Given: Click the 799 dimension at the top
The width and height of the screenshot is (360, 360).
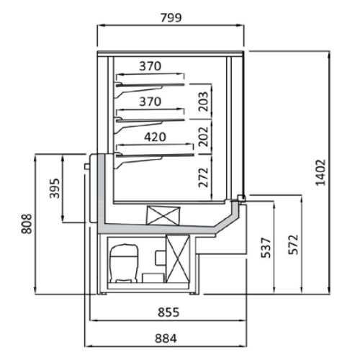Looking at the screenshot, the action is pos(171,18).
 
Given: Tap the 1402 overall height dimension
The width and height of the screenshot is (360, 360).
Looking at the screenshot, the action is pos(320,173).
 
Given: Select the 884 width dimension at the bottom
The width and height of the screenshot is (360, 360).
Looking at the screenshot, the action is pos(166,338).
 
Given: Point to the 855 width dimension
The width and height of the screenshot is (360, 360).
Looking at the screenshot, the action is pos(168,312).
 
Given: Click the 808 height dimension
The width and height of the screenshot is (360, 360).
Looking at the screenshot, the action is pos(27,224).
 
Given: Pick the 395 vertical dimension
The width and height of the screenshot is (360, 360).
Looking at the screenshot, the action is pos(54,189).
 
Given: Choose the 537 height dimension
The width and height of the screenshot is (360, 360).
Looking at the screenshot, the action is pos(266,248).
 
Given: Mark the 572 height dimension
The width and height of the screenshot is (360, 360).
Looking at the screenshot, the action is pos(293,245).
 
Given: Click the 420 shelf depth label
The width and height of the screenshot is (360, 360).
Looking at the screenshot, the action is pos(155,137).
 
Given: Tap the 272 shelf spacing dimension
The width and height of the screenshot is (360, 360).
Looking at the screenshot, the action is pos(203,177).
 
